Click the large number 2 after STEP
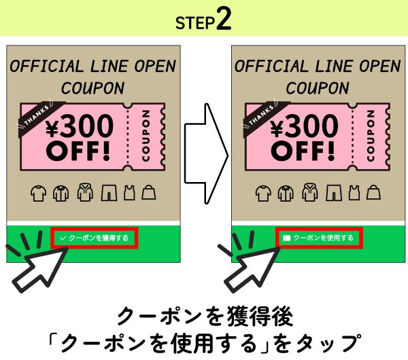point(224,19)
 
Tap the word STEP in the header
point(196,22)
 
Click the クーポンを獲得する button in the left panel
point(94,238)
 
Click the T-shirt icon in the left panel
point(39,194)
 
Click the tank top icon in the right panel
point(354,194)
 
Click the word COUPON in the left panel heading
point(92,88)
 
